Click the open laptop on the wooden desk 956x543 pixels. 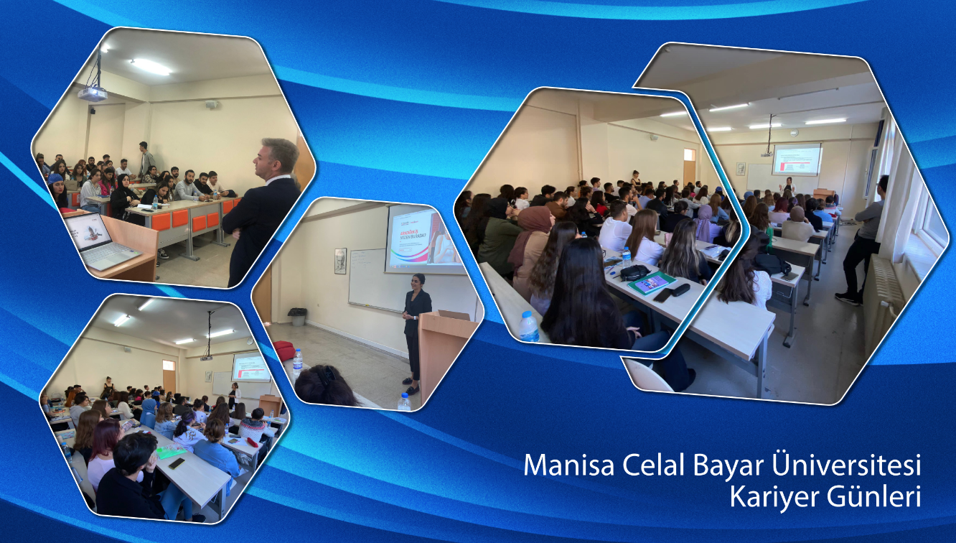tap(100, 242)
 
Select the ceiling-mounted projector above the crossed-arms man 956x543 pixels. tap(92, 93)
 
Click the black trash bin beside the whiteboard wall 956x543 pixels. tap(297, 317)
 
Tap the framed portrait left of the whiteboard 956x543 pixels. tap(340, 261)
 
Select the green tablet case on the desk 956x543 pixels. tap(651, 282)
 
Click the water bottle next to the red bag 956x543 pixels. tap(297, 363)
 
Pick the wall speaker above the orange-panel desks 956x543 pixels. tap(211, 104)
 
